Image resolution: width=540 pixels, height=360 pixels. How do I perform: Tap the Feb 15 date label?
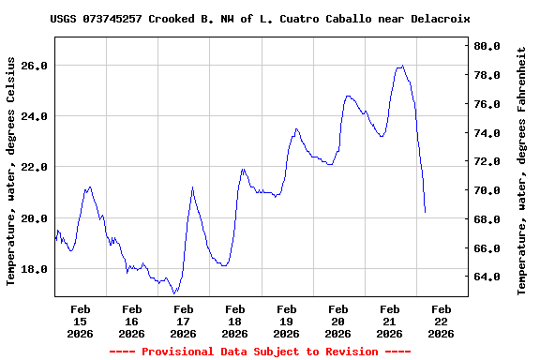coord(81,321)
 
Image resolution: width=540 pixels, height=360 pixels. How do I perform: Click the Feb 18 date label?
coord(235,321)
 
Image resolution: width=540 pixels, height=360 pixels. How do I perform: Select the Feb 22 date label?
coord(442,321)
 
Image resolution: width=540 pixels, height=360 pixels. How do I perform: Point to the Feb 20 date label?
coord(338,321)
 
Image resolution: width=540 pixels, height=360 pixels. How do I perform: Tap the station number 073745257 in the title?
coord(113,19)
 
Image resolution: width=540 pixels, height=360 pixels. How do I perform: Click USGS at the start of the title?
coord(64,19)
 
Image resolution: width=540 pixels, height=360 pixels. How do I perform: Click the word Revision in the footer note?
coord(352,352)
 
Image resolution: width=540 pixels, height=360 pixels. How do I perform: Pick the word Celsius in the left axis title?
coord(11,80)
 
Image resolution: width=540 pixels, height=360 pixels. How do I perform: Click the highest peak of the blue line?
coord(402,66)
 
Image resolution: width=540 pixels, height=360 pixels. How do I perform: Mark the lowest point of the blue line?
coord(174,293)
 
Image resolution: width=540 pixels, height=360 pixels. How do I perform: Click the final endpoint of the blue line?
coord(426,212)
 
